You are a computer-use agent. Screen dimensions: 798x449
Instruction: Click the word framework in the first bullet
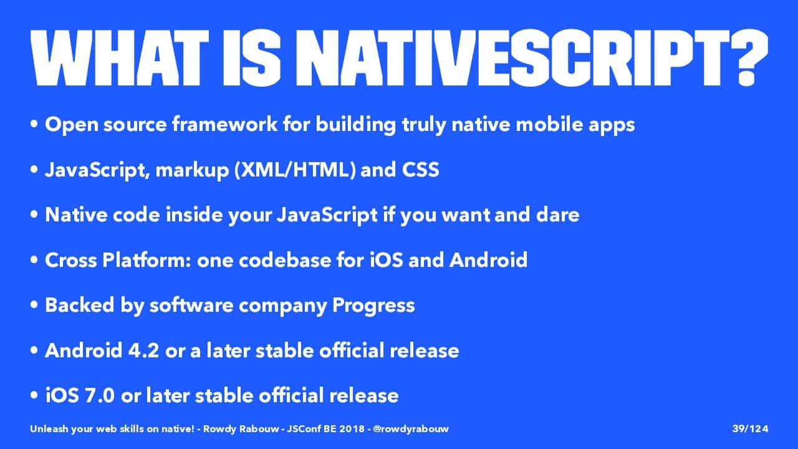(x=225, y=124)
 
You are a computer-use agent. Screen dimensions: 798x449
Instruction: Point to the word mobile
(x=549, y=124)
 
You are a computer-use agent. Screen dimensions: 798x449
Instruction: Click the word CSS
(x=420, y=170)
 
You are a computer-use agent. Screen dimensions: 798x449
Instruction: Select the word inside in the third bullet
(x=194, y=215)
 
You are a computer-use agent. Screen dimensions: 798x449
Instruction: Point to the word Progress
(x=373, y=306)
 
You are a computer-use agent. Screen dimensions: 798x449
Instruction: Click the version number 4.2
(x=143, y=350)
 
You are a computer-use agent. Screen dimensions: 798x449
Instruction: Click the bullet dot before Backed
(x=34, y=306)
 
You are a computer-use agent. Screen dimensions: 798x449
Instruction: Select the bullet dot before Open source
(x=34, y=124)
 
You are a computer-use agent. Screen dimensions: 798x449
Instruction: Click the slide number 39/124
(x=750, y=428)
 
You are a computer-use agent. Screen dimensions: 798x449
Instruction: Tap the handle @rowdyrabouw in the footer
(x=411, y=429)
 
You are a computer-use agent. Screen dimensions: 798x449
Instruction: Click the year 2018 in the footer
(x=352, y=428)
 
